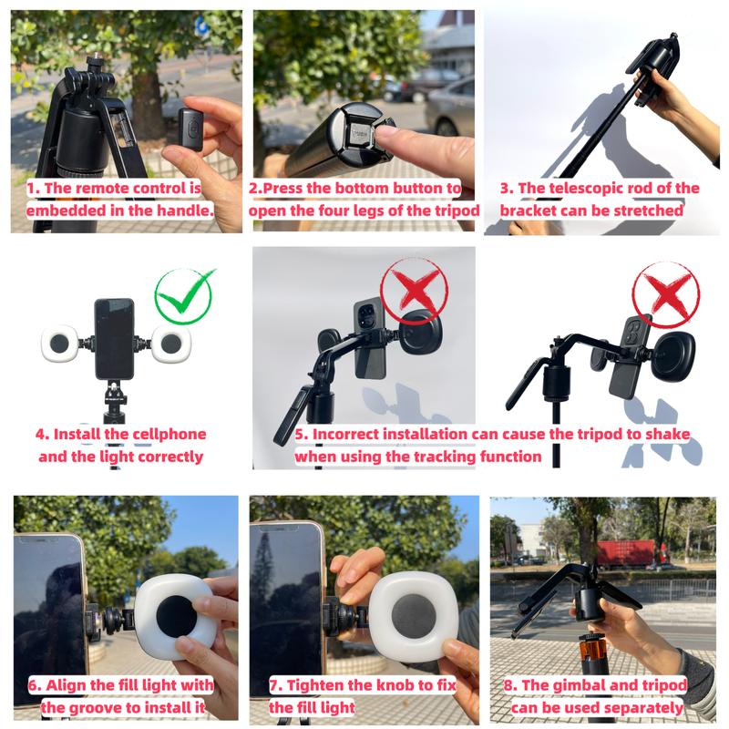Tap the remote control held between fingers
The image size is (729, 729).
(190, 128)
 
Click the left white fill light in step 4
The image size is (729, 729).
(60, 344)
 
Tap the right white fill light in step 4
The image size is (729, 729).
(170, 344)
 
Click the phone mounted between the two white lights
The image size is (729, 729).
(115, 339)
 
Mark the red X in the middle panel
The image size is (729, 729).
(415, 291)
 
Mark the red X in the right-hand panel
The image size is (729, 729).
(666, 294)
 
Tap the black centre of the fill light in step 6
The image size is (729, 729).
(176, 617)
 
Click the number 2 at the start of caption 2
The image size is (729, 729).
(253, 189)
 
